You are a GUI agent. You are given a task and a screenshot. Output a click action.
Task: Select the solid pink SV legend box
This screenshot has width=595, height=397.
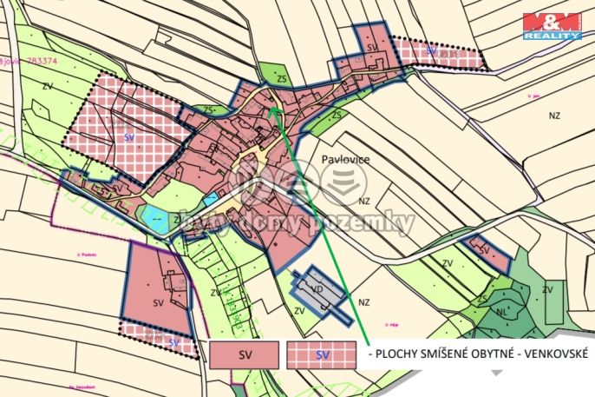pos(244,354)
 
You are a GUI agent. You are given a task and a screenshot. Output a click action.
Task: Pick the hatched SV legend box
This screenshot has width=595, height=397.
pos(322,354)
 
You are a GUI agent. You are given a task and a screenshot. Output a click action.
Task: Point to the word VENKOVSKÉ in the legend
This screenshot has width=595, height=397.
pos(552,354)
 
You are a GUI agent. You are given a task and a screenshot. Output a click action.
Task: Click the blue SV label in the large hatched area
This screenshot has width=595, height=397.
pos(129,137)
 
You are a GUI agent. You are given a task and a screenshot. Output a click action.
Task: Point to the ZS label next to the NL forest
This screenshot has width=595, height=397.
pos(482,298)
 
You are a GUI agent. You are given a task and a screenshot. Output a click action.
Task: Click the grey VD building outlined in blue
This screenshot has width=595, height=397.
pos(319,290)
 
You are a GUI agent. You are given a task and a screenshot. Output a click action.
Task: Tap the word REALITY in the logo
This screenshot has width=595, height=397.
pos(552,36)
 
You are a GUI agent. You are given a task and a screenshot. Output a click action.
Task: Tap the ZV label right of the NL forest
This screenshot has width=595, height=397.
pos(547,288)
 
